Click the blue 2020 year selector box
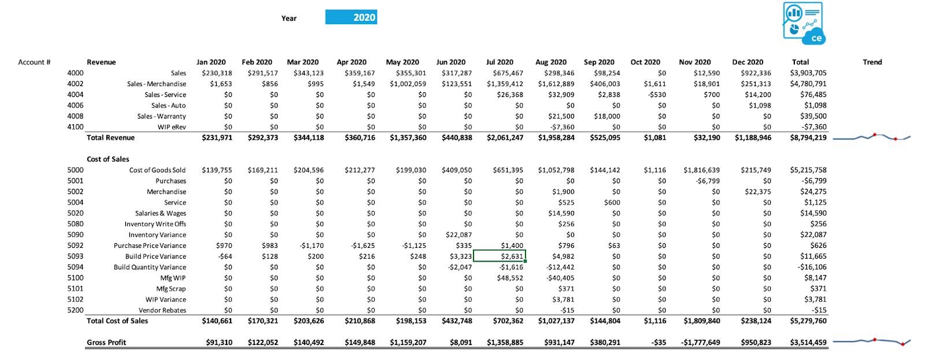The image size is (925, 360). point(351,17)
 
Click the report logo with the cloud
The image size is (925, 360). point(804,24)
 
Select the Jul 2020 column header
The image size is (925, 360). point(499,62)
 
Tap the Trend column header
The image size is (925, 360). point(872,62)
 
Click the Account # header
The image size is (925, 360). point(34,62)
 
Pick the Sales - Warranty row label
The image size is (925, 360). point(161,116)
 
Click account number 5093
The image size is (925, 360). point(75,257)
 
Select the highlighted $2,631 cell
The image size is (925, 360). point(499,256)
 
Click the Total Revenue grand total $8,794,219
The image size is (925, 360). point(808,138)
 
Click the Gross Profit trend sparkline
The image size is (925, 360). point(872,342)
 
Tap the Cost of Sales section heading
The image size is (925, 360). point(108,159)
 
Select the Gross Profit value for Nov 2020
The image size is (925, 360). point(700,343)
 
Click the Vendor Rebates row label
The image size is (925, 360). point(162,310)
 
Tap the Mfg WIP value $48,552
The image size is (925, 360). point(510,279)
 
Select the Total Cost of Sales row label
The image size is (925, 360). point(117,321)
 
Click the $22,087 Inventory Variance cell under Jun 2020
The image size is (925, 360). point(459,235)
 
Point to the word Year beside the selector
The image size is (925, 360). point(289,18)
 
